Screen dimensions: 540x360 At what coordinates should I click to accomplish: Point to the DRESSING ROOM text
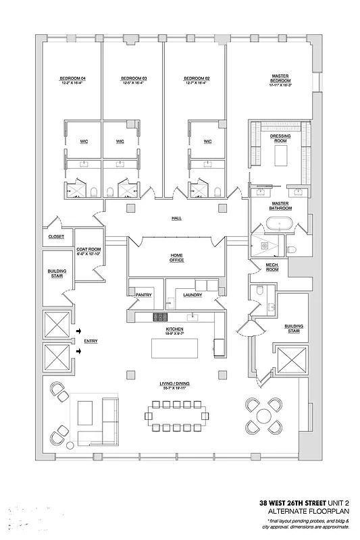[x=280, y=138]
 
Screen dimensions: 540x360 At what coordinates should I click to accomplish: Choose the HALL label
[x=176, y=218]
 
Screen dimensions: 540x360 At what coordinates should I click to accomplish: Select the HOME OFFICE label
[x=176, y=257]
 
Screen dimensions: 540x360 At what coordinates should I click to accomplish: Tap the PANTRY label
[x=143, y=294]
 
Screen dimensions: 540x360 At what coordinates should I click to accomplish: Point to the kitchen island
[x=175, y=348]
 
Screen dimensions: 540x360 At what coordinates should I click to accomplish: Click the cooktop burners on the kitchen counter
[x=161, y=316]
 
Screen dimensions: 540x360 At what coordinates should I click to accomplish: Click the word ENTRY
[x=91, y=341]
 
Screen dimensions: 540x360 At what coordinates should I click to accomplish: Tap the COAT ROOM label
[x=88, y=251]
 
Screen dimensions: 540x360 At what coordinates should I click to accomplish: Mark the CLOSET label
[x=57, y=236]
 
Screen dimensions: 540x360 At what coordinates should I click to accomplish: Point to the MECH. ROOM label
[x=272, y=267]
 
